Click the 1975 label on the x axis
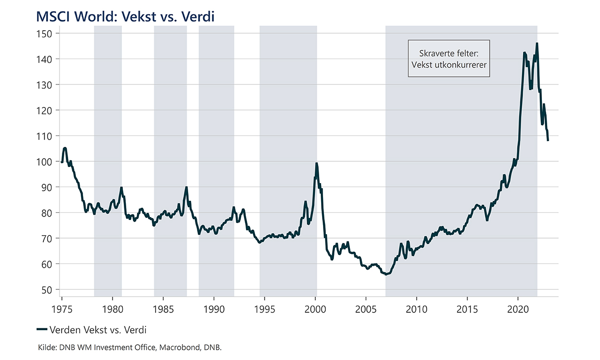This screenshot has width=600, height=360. pos(62,308)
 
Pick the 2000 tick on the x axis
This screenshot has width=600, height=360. pos(315,308)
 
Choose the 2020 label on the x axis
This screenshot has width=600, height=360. pos(518,308)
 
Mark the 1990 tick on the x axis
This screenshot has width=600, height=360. pos(214,308)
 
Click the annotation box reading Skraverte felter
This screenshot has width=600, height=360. pos(449,59)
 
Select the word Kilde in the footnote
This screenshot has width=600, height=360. pos(46,347)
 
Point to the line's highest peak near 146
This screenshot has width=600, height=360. pos(537,44)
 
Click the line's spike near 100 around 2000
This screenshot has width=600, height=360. pos(316,163)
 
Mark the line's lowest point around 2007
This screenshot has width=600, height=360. pos(386,274)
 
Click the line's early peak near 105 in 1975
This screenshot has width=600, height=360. pos(65,148)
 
